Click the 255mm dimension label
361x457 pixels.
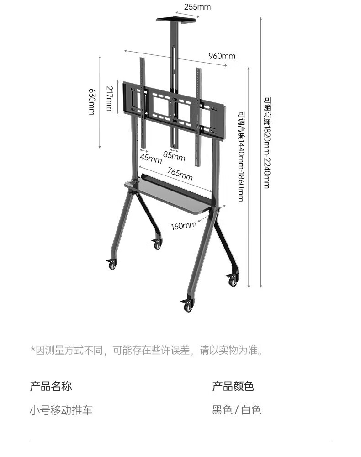coord(197,7)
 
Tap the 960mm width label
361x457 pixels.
coord(222,56)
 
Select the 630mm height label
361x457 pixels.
coord(91,101)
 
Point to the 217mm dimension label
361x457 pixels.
coord(109,98)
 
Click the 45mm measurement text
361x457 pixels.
coord(151,159)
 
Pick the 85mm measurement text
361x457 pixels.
coord(174,157)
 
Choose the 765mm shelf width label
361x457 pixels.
coord(180,174)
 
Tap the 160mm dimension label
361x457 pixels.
coord(184,225)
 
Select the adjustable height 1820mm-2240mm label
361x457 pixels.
coord(266,142)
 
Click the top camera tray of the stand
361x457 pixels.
coord(177,19)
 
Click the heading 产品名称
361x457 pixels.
coord(51,386)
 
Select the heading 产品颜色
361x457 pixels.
coord(233,386)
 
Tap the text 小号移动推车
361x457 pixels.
coord(61,410)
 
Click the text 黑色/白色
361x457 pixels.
coord(236,410)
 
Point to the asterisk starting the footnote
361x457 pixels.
coord(33,351)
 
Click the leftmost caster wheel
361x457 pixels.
coord(112,265)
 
